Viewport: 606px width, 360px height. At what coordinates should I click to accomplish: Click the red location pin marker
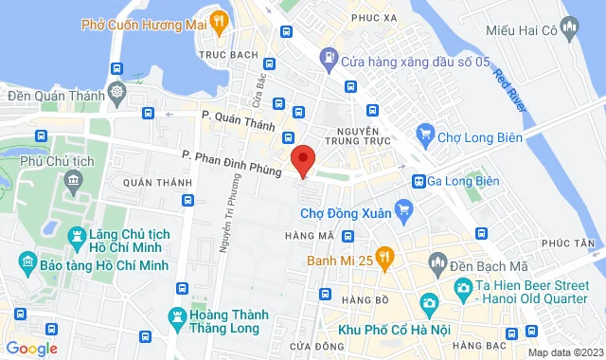coord(302,159)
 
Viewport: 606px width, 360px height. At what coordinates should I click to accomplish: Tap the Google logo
coord(30,348)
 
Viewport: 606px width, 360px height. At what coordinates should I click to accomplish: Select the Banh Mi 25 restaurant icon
coord(384,255)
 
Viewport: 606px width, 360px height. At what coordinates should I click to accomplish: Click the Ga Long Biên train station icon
coord(418,181)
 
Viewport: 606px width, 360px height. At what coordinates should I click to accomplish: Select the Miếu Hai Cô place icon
coord(568,28)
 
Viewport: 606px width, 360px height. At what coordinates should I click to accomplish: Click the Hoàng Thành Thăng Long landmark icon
coord(177,315)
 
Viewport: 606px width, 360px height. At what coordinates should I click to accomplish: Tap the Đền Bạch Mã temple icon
coord(437,261)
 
